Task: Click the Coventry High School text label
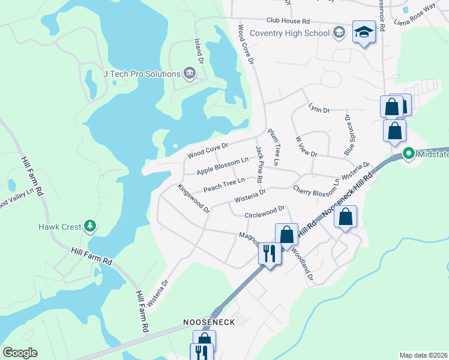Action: tap(290, 33)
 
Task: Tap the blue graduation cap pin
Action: tap(364, 32)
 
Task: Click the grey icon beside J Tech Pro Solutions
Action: tap(190, 74)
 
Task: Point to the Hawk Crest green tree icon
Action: tap(90, 226)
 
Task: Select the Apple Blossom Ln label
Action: tap(222, 166)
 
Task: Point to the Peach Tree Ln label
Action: tap(224, 184)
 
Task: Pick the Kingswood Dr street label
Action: tap(193, 199)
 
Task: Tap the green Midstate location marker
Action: tap(409, 154)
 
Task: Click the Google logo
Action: tap(20, 353)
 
